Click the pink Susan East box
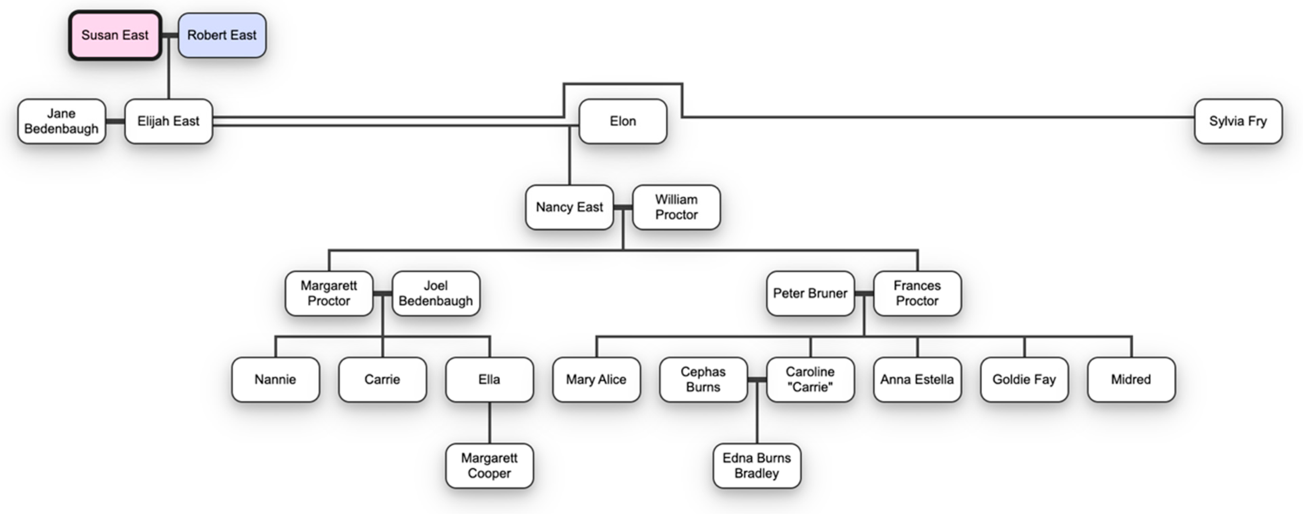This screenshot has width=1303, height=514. point(115,35)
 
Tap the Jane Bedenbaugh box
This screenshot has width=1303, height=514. point(61,121)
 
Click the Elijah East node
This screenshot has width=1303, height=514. point(168,121)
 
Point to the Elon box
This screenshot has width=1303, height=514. point(623,121)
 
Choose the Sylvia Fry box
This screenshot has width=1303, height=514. point(1238,121)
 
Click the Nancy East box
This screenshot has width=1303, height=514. point(569,207)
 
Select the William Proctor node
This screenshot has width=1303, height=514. point(676,207)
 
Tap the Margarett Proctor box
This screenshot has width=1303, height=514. point(329,293)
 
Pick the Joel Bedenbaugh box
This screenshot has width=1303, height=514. point(435,293)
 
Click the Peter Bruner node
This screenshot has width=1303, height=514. point(810,293)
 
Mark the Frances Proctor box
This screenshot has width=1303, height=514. point(917,293)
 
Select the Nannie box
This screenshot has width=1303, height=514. point(275,380)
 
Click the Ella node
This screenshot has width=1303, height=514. point(489,380)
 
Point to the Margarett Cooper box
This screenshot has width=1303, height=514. point(489,465)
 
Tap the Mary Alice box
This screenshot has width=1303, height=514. point(596,380)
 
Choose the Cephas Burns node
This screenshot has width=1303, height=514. point(703,380)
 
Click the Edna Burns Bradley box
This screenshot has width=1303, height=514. point(757,465)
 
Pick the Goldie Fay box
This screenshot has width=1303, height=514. point(1024,380)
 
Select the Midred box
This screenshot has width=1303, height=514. point(1131,380)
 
